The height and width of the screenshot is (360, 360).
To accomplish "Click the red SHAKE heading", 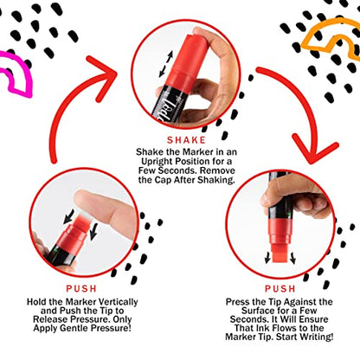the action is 186,140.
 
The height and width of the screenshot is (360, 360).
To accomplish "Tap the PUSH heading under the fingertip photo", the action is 81,289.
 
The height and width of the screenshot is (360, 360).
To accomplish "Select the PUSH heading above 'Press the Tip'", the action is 280,289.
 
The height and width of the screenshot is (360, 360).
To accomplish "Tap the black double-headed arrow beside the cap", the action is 166,64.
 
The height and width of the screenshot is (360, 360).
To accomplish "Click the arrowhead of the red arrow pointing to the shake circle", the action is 102,76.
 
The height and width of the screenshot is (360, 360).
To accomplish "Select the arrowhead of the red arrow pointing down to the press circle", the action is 314,149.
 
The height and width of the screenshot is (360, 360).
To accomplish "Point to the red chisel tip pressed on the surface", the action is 280,253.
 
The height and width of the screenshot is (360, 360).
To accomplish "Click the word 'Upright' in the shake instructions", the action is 157,162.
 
